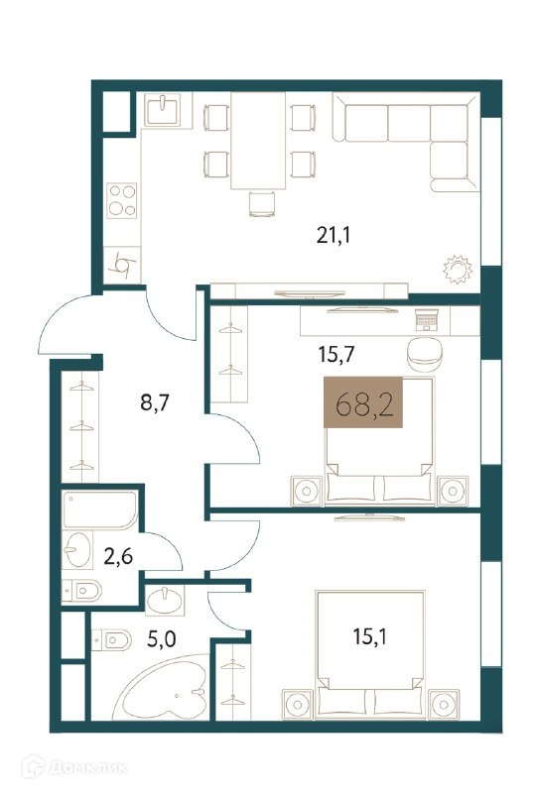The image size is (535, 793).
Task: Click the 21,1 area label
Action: tap(334, 235)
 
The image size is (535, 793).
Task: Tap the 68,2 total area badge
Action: tap(363, 402)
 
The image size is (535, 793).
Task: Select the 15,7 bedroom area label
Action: tap(335, 355)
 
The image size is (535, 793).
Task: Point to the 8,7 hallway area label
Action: tap(154, 403)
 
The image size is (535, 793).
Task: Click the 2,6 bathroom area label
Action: tap(118, 556)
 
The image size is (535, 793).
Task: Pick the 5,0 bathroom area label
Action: tap(162, 639)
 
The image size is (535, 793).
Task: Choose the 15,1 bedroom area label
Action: tap(370, 636)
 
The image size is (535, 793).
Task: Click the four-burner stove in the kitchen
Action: tap(122, 200)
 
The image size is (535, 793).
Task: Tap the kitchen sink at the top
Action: tap(162, 110)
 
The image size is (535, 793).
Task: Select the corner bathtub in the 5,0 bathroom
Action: tap(162, 688)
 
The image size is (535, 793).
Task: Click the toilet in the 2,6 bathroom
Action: tap(82, 590)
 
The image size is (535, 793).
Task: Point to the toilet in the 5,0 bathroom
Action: tap(112, 640)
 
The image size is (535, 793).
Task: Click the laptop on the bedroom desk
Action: tap(427, 320)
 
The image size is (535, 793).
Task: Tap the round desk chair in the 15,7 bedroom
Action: tap(425, 355)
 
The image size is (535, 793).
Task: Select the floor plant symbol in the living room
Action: tap(458, 270)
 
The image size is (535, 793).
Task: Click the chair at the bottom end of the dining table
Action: tap(262, 204)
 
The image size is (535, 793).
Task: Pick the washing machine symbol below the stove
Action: tap(122, 265)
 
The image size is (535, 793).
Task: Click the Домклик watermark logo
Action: tap(74, 767)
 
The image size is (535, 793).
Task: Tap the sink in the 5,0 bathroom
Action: tap(165, 600)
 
